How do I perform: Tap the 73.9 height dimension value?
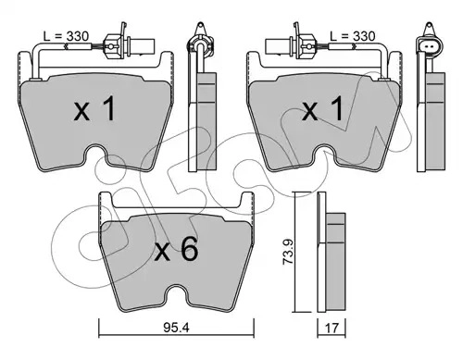click(289, 253)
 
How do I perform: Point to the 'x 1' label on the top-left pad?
click(94, 108)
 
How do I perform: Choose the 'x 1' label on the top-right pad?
click(322, 108)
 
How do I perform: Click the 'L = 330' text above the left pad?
click(66, 36)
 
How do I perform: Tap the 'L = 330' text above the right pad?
click(352, 36)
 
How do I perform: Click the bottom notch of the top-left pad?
click(95, 154)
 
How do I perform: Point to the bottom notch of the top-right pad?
click(324, 154)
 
